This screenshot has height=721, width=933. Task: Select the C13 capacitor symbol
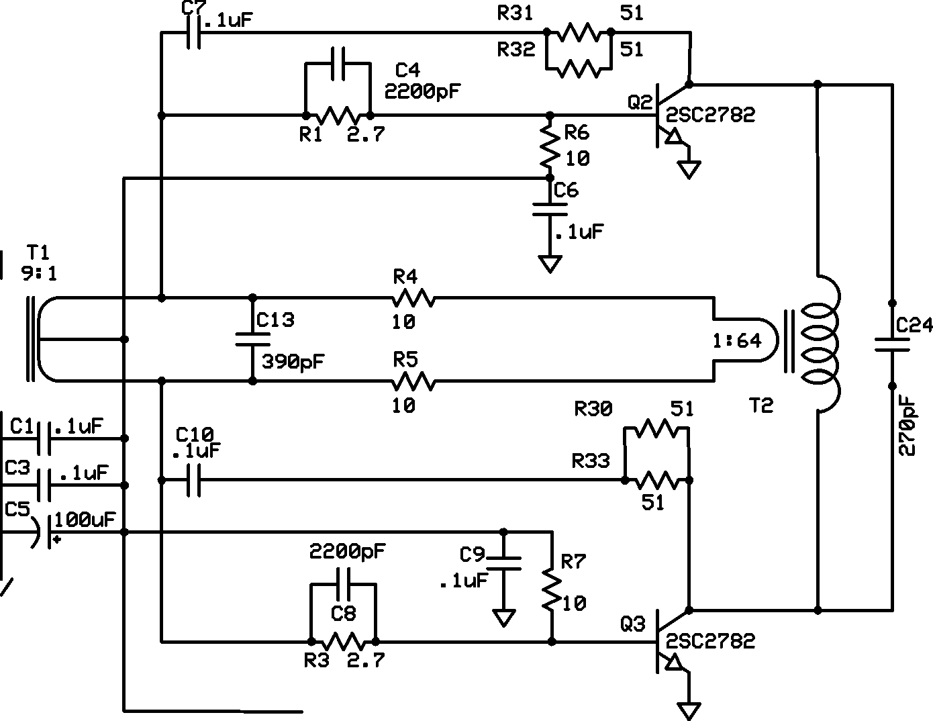click(252, 340)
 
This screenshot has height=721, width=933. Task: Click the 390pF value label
click(293, 362)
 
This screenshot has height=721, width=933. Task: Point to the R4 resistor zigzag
click(413, 297)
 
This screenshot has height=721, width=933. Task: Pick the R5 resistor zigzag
click(413, 382)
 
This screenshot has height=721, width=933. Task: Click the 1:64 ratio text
click(737, 340)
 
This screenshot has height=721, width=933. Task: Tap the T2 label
click(761, 405)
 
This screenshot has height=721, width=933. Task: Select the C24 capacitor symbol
click(892, 344)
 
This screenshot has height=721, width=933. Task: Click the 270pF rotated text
click(907, 426)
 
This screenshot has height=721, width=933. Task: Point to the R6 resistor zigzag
click(550, 146)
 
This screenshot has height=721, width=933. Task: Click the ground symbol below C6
click(550, 264)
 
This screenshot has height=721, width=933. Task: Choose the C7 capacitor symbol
click(193, 32)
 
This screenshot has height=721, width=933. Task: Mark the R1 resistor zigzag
click(338, 115)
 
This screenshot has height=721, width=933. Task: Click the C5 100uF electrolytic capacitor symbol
click(43, 532)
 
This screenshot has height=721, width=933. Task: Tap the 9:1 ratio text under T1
click(38, 273)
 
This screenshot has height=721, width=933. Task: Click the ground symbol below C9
click(503, 616)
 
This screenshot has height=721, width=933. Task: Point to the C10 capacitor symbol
click(193, 480)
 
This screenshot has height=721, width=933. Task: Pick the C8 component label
click(343, 612)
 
